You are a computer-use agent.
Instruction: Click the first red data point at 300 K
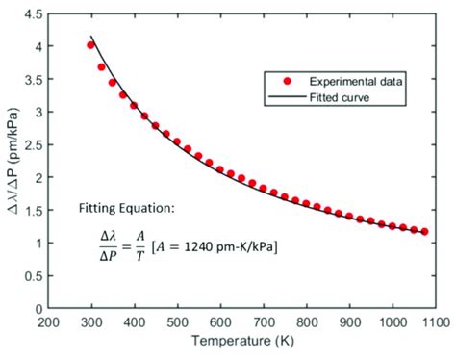click(90, 45)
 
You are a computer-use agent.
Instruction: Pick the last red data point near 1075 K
click(424, 231)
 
